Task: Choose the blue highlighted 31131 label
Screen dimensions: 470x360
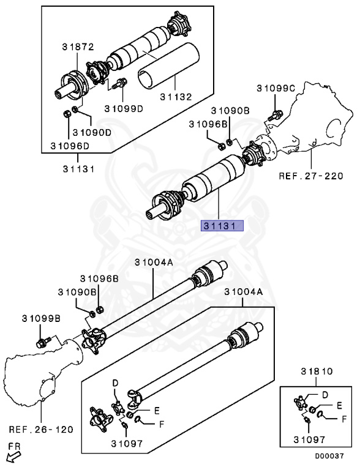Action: click(223, 225)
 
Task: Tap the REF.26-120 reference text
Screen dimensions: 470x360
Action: click(41, 429)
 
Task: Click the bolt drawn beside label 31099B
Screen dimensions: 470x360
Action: click(43, 342)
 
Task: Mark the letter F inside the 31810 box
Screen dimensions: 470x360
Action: click(344, 419)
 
